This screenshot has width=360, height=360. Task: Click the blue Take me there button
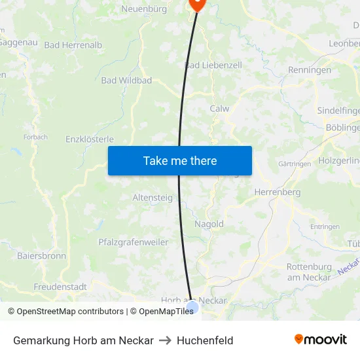[x=180, y=160]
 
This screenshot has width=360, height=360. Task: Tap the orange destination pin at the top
[x=197, y=4]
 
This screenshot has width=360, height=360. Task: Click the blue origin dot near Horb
[x=192, y=306]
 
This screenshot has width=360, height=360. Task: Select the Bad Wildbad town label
[x=126, y=81]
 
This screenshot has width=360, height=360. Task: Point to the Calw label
[x=220, y=109]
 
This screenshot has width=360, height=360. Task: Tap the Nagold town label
[x=209, y=224]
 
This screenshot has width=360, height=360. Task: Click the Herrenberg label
[x=278, y=192]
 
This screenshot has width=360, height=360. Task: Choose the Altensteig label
[x=153, y=197]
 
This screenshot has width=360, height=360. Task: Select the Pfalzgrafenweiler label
[x=133, y=242]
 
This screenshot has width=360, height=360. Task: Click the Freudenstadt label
[x=60, y=287]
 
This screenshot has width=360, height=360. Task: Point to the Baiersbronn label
[x=41, y=256]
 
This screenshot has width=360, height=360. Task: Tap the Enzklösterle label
[x=90, y=139]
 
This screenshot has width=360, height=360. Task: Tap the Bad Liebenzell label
[x=213, y=65]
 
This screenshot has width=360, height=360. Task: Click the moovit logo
[x=321, y=339]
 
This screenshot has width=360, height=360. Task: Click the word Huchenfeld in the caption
[x=205, y=340]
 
